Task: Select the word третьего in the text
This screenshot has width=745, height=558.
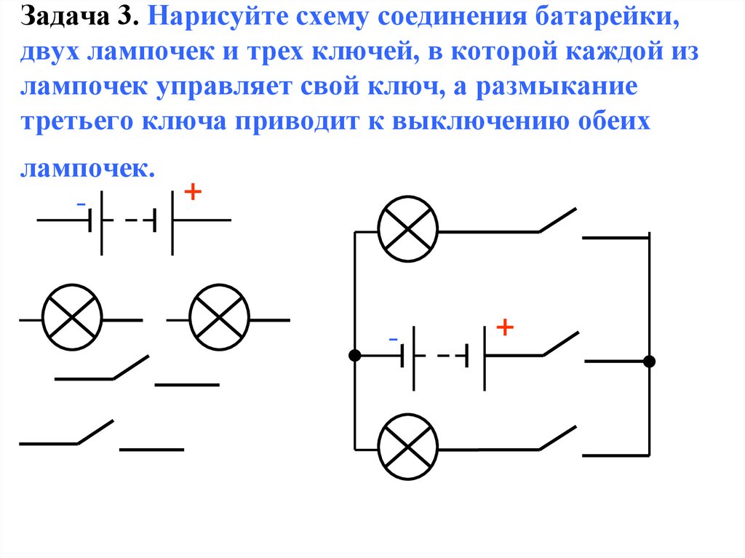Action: [80, 121]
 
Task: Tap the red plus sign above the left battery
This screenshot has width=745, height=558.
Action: [193, 193]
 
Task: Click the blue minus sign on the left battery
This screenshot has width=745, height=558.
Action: [81, 203]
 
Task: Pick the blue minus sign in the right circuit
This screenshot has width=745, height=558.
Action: [393, 339]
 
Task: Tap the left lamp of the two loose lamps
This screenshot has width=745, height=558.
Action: [71, 319]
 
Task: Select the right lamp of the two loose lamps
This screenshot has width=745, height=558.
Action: [219, 319]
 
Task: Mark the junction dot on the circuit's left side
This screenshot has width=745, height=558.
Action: [354, 356]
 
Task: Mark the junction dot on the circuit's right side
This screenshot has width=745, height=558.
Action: [649, 361]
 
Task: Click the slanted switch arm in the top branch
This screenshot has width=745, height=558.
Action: [557, 220]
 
